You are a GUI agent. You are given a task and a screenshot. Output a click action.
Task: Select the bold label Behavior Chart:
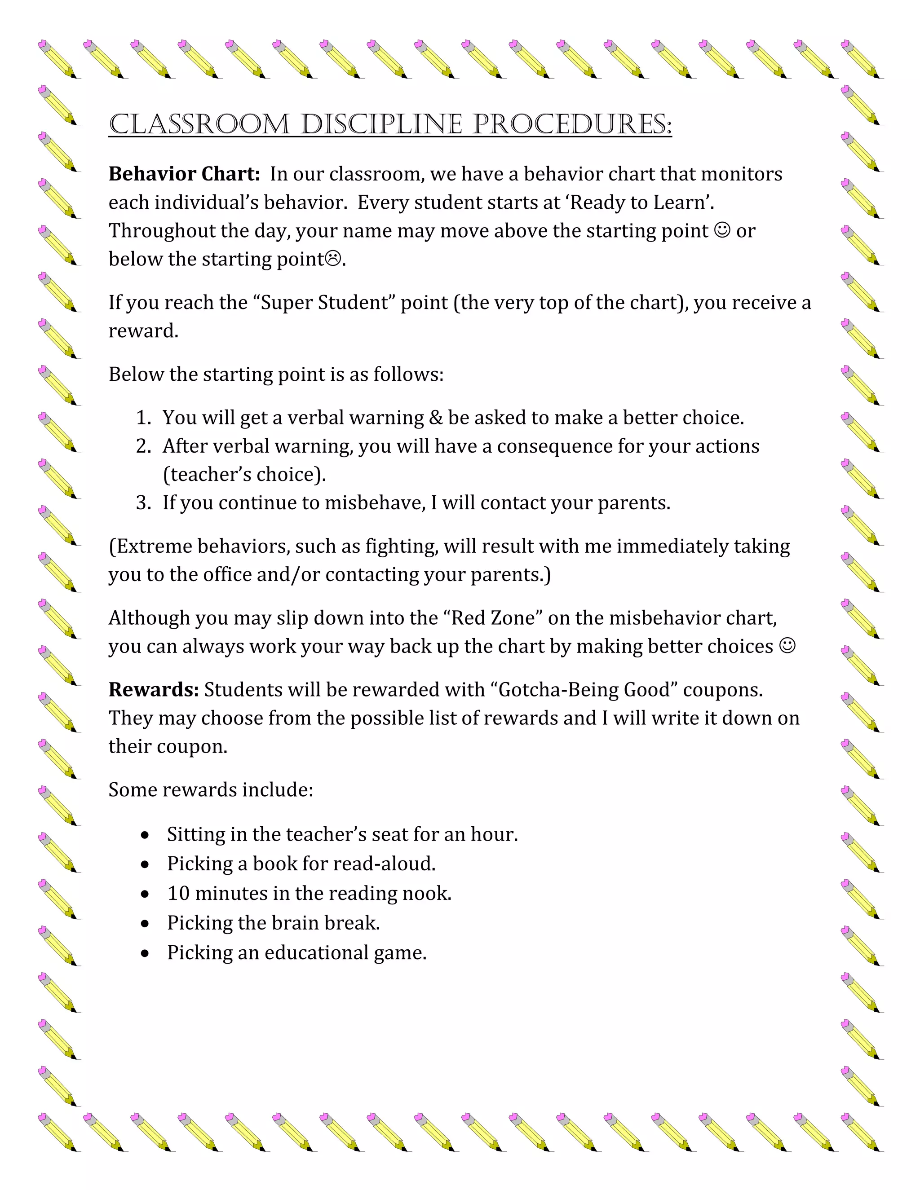coord(184,174)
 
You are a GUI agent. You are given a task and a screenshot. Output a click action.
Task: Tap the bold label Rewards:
coord(154,690)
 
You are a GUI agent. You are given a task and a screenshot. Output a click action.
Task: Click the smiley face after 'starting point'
coord(721,230)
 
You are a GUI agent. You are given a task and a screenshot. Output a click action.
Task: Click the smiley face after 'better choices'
coord(787,646)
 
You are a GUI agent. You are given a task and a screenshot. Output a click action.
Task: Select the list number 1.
coord(143,418)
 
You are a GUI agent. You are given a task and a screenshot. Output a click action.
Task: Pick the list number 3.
coord(143,503)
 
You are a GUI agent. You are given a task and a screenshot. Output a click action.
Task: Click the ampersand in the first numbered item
coord(435,418)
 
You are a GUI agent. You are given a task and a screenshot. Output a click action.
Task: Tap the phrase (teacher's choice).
coord(244,475)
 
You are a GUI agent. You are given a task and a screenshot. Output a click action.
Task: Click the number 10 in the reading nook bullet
coord(178,894)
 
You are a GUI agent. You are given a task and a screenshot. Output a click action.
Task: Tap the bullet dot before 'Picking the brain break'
coord(145,924)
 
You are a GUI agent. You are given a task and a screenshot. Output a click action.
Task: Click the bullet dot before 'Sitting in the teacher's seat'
coord(145,835)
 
